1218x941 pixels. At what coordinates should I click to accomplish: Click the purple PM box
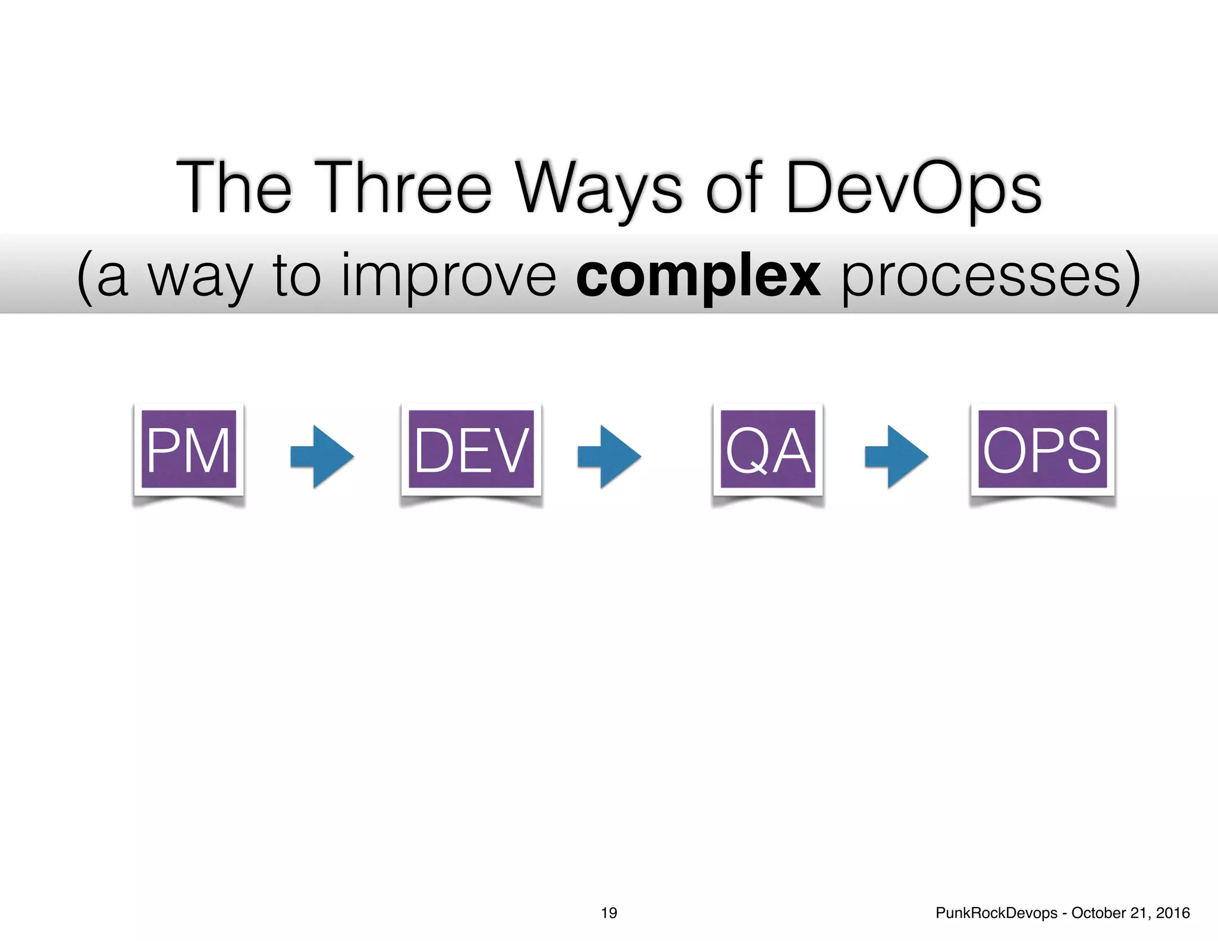[x=189, y=449]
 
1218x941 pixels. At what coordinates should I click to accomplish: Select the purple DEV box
[x=471, y=449]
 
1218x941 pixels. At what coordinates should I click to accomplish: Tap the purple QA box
[x=768, y=449]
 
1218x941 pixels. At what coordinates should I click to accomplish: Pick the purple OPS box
[x=1042, y=449]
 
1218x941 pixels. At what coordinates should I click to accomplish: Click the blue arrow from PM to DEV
[x=322, y=456]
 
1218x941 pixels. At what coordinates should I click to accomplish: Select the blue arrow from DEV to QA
[x=610, y=456]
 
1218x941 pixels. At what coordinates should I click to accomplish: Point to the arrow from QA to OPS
[x=897, y=456]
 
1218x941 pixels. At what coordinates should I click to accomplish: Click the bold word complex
[x=698, y=277]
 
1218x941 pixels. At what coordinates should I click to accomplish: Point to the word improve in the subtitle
[x=449, y=277]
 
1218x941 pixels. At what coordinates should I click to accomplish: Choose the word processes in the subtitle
[x=981, y=277]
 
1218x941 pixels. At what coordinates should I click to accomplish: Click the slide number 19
[x=609, y=913]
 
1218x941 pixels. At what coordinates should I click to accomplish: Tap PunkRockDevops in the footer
[x=996, y=913]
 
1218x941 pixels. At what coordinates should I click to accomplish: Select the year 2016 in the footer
[x=1173, y=913]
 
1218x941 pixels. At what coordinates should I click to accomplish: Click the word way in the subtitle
[x=200, y=277]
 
